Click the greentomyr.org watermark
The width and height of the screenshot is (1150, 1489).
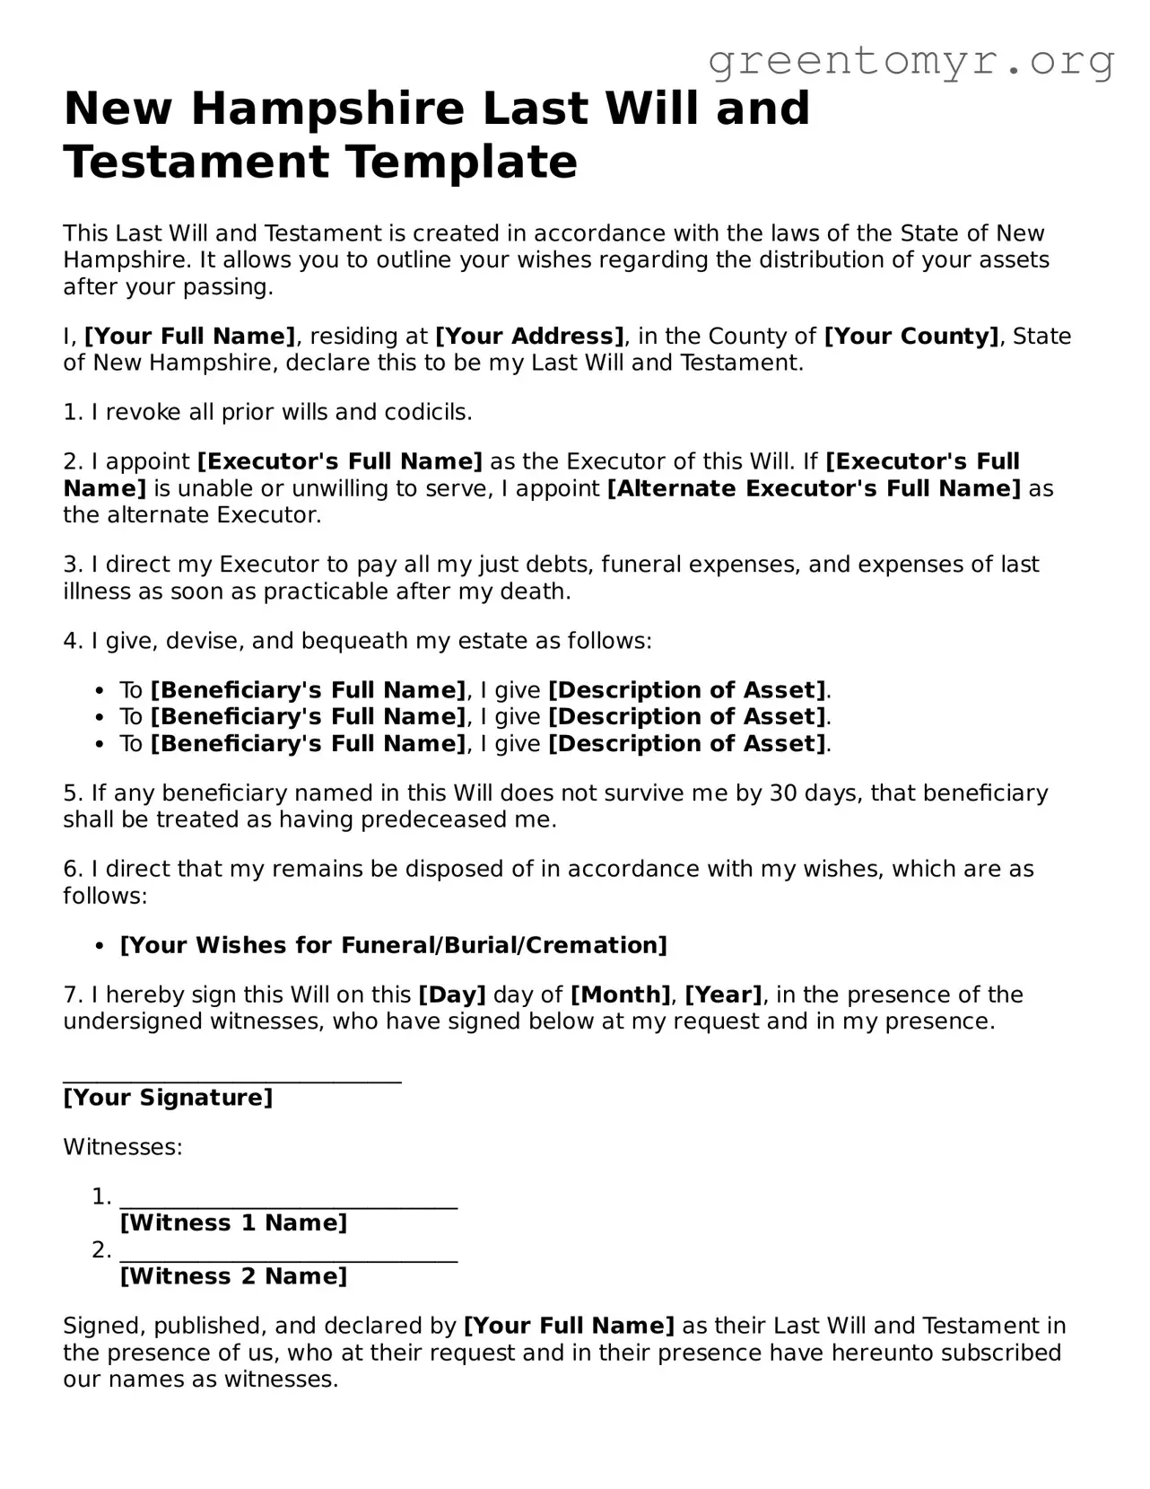(x=910, y=61)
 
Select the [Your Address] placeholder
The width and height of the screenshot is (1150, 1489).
(x=529, y=337)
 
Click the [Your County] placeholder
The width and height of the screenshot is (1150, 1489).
(x=911, y=337)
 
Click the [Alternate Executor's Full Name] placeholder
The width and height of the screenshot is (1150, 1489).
(x=814, y=489)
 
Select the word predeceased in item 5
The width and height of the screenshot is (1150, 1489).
(x=438, y=820)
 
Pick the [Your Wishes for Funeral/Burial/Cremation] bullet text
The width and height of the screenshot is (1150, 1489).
(x=394, y=946)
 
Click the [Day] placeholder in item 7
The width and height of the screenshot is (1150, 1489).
(x=452, y=995)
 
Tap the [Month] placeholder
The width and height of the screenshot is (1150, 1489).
(x=621, y=995)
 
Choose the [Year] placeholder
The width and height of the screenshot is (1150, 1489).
(x=723, y=995)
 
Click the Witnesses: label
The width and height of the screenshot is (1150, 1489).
(x=123, y=1148)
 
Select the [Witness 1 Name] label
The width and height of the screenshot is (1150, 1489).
(x=233, y=1223)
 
